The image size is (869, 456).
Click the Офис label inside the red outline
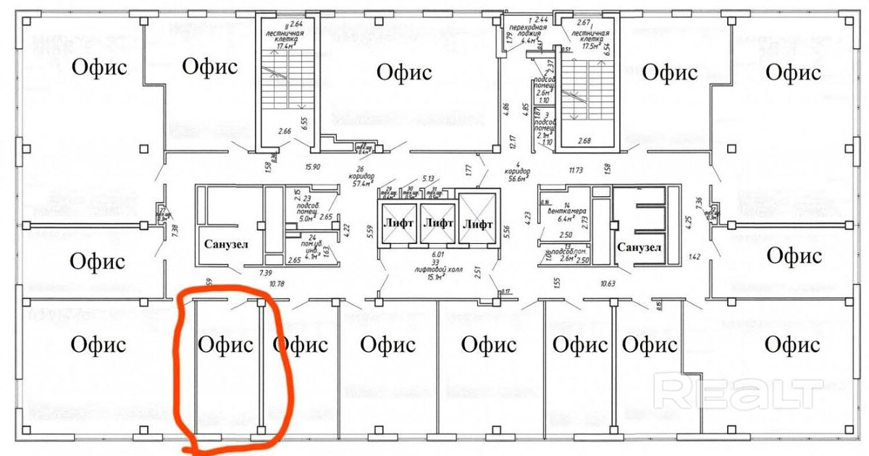(226, 344)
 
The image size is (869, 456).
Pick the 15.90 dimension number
(313, 167)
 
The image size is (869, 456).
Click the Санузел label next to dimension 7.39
(225, 244)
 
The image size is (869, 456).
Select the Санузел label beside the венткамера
(639, 247)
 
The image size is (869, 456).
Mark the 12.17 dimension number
(513, 138)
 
